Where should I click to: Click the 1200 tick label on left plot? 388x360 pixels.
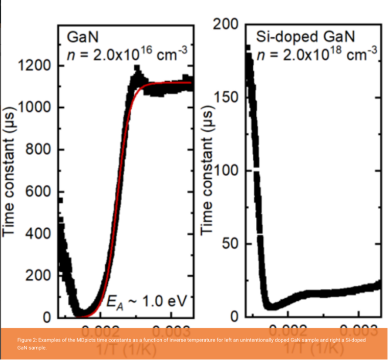tap(35, 65)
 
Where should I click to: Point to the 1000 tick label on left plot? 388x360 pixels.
tap(35, 107)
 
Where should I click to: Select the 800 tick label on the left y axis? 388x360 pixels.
tap(39, 150)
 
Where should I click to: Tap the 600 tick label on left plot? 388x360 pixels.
tap(39, 191)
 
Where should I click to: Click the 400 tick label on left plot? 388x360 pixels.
tap(39, 234)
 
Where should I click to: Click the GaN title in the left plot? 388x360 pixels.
tap(82, 37)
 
